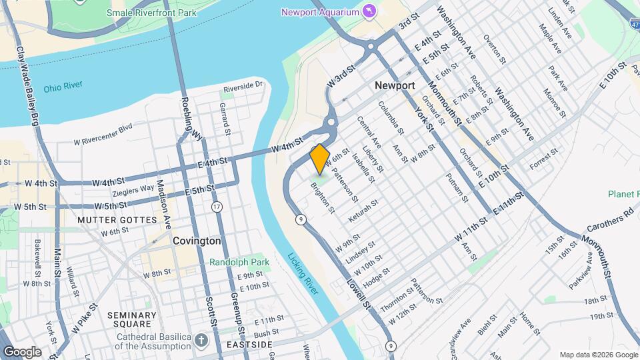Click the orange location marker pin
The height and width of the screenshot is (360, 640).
tap(319, 158)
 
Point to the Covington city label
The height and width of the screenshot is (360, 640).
tap(197, 241)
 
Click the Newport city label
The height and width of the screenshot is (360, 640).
tap(395, 85)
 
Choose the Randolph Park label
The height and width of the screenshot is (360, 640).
tap(239, 262)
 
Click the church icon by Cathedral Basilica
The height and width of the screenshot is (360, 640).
tap(201, 341)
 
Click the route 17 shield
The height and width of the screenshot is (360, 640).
tap(217, 207)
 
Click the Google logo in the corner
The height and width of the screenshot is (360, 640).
tap(22, 351)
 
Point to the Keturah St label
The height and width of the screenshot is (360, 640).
tap(363, 211)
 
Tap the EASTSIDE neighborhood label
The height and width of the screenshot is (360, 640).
tap(249, 344)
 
